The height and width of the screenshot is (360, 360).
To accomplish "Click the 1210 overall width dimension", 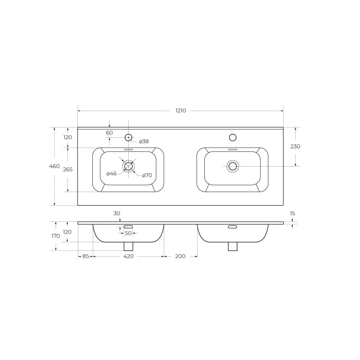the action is click(181, 111).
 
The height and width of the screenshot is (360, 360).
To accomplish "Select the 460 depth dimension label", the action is click(54, 166).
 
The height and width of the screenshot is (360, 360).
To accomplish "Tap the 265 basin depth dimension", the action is click(68, 170).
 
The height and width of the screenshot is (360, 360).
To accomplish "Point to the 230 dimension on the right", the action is click(295, 146).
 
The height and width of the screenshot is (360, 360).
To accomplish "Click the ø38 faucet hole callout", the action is click(144, 141).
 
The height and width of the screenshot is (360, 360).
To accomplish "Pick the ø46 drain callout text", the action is click(112, 174).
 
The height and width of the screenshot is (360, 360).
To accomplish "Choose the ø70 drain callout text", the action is click(147, 175).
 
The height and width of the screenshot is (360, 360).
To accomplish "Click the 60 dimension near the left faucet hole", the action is click(109, 133).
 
